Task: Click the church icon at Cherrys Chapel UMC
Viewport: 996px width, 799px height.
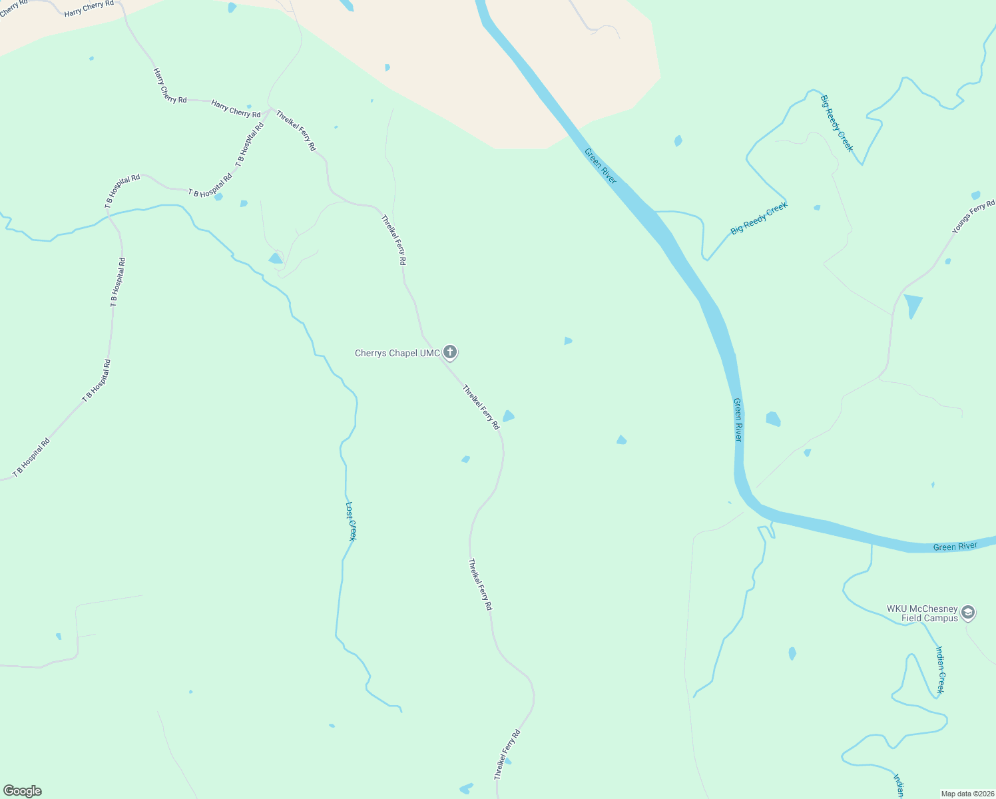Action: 450,352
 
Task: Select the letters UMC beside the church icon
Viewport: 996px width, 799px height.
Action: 430,354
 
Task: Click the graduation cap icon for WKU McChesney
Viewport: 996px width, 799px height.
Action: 968,612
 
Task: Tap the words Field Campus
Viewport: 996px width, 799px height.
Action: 929,619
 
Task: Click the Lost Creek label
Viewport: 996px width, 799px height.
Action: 351,521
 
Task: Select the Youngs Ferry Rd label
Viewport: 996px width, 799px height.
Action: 973,216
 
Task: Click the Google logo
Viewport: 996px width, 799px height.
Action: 23,791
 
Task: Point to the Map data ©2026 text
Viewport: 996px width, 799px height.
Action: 967,794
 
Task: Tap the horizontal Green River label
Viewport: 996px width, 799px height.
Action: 955,547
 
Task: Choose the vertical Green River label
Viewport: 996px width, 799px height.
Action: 737,419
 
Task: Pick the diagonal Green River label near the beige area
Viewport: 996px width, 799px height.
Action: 601,166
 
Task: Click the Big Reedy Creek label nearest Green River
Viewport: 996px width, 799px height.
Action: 759,218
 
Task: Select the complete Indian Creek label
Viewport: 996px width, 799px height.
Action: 940,670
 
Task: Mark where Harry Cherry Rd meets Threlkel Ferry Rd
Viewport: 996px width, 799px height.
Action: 270,109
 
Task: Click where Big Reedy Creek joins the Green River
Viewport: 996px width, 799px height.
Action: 656,212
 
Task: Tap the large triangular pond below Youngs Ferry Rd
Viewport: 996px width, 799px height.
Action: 913,305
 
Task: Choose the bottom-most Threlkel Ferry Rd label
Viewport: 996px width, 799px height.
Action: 507,754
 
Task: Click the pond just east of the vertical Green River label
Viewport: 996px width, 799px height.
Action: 773,419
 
